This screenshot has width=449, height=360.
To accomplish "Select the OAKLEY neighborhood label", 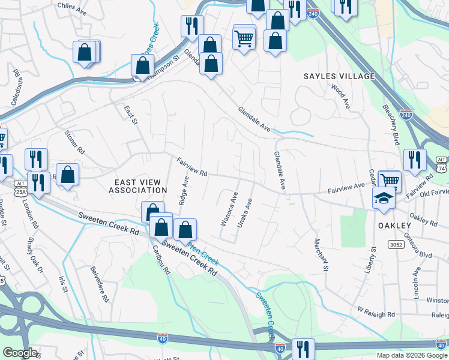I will pyautogui.click(x=394, y=225).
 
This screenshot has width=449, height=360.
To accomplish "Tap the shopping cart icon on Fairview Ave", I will pyautogui.click(x=390, y=180).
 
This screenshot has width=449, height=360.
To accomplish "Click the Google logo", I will pyautogui.click(x=20, y=353).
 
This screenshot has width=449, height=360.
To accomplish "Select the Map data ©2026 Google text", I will pyautogui.click(x=411, y=355).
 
